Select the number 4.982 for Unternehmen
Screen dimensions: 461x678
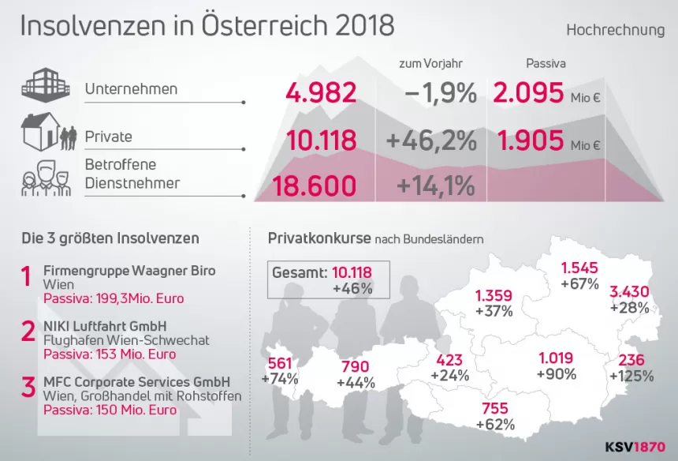321,93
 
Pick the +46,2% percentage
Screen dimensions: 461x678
431,141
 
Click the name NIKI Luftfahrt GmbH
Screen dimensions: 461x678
104,325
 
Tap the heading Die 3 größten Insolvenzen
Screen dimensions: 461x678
110,238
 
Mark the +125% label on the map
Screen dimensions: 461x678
635,376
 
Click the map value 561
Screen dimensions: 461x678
280,363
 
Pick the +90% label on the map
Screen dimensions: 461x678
557,373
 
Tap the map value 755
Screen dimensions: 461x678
495,408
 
